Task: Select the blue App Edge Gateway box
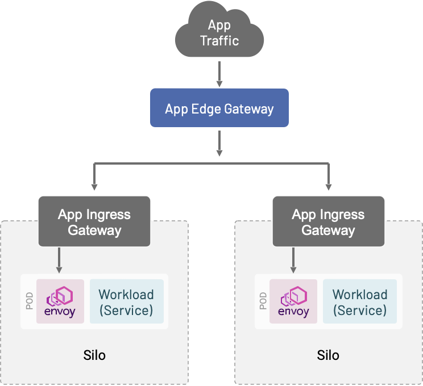click(219, 108)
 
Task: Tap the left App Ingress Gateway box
click(94, 221)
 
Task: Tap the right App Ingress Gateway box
click(328, 221)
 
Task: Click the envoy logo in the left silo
click(60, 301)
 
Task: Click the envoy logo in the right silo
click(293, 301)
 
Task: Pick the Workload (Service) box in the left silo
click(126, 302)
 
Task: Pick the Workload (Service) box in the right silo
click(360, 302)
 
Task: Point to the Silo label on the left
click(94, 355)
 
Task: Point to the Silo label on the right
click(328, 355)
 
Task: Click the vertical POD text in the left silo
click(30, 301)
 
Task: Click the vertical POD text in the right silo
click(263, 301)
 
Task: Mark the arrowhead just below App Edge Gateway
click(219, 152)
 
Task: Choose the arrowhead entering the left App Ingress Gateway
click(94, 186)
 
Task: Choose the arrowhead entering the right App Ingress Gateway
click(328, 186)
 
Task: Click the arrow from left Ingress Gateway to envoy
click(59, 260)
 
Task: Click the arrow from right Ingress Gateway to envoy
click(293, 260)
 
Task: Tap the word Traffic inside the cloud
click(219, 41)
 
